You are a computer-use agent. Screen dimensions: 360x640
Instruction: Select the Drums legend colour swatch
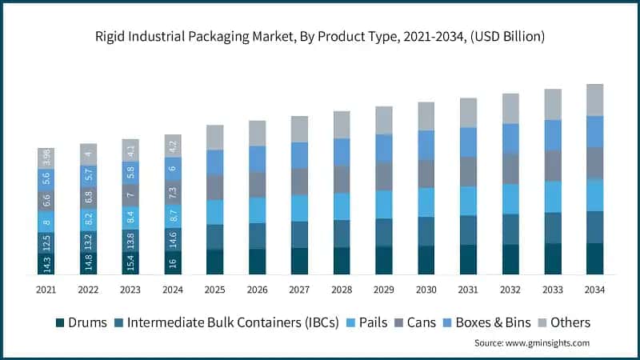tap(59, 322)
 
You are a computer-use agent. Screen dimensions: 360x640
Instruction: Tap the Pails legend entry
tap(369, 322)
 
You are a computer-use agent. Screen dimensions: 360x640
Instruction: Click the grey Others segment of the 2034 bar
tap(594, 100)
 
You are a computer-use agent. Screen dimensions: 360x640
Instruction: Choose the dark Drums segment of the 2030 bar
tap(426, 260)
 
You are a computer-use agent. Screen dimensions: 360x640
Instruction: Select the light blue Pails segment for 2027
tap(300, 208)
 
